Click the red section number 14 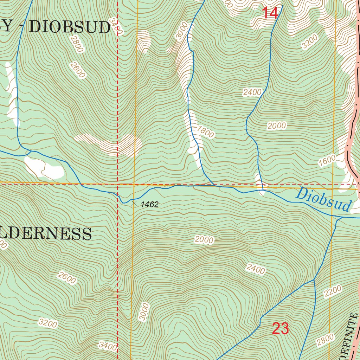[270, 13]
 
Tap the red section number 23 [281, 329]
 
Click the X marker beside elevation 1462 [134, 203]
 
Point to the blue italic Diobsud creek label [323, 200]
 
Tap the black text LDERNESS [46, 233]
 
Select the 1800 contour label [205, 132]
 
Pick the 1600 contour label [327, 160]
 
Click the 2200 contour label [333, 291]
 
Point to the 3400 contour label [108, 347]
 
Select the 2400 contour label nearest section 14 [252, 92]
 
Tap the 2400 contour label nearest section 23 [256, 269]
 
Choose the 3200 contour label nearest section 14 [310, 41]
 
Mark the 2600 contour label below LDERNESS [67, 278]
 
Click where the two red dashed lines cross [117, 184]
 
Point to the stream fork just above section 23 [314, 280]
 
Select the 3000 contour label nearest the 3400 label [144, 311]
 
